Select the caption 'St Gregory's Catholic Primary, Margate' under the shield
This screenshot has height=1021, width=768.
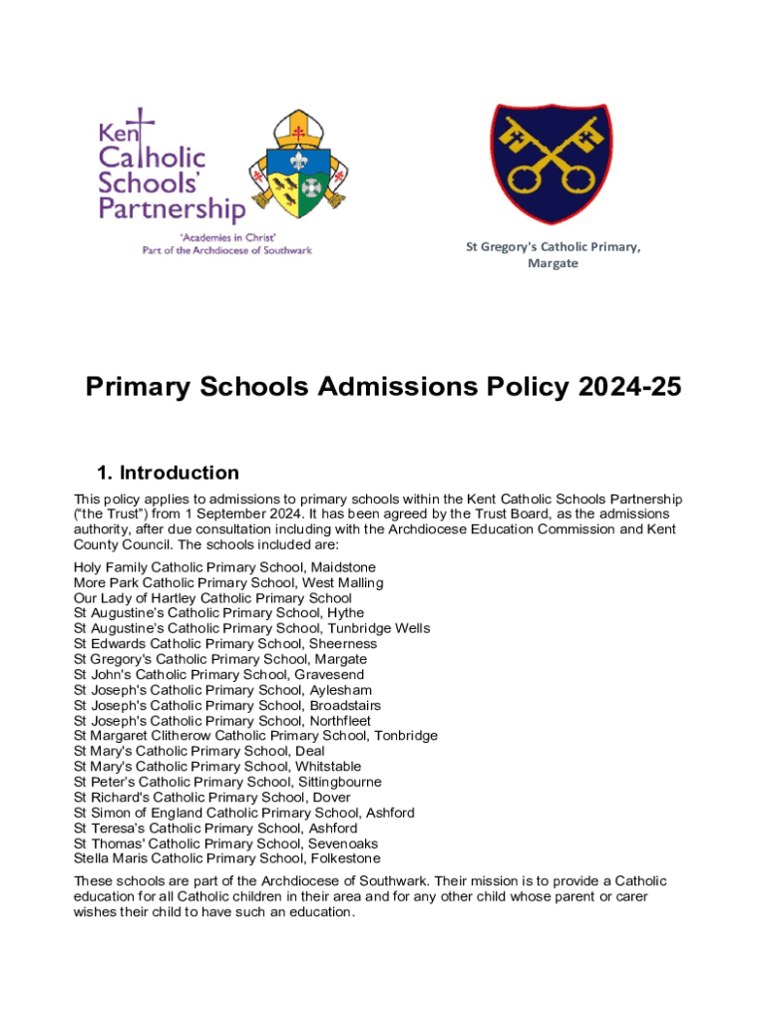click(x=553, y=255)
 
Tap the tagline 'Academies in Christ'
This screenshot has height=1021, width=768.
click(x=227, y=237)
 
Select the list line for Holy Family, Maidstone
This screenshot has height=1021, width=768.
click(x=224, y=567)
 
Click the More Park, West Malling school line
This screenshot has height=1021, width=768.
click(x=228, y=582)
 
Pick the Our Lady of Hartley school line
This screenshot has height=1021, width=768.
click(x=212, y=598)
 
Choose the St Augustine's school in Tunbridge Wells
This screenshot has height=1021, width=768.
click(x=251, y=629)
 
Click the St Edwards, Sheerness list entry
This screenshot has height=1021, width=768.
click(x=225, y=644)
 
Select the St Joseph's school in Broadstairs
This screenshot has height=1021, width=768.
click(x=227, y=706)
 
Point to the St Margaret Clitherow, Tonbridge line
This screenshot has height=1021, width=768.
click(x=255, y=736)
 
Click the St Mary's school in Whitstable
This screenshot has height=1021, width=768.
click(x=217, y=767)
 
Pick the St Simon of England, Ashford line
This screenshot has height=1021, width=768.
click(x=244, y=813)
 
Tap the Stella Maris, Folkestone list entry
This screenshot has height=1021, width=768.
click(x=226, y=858)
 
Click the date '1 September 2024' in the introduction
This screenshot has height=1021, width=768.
click(x=226, y=512)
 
